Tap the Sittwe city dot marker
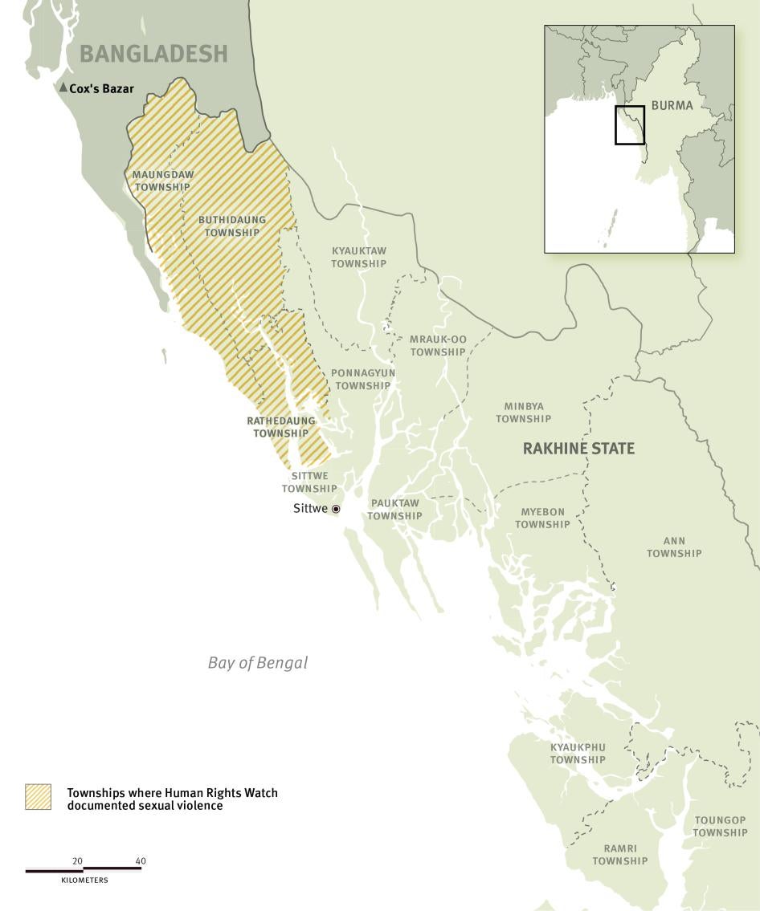pos(336,509)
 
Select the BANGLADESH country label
pos(153,54)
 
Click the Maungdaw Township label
pos(162,181)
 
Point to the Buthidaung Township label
pos(231,226)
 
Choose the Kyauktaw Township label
pos(358,257)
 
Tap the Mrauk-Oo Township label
pos(438,345)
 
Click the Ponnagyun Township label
pos(362,379)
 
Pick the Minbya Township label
pos(523,413)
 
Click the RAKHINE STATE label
pos(578,449)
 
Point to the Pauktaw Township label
pos(394,510)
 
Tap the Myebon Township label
pos(542,518)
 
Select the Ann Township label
pos(674,547)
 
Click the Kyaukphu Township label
pos(578,753)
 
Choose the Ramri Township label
pos(619,854)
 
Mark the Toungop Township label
pos(720,826)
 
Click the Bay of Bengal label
pos(257,663)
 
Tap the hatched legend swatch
pos(38,797)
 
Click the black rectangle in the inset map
pos(630,124)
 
